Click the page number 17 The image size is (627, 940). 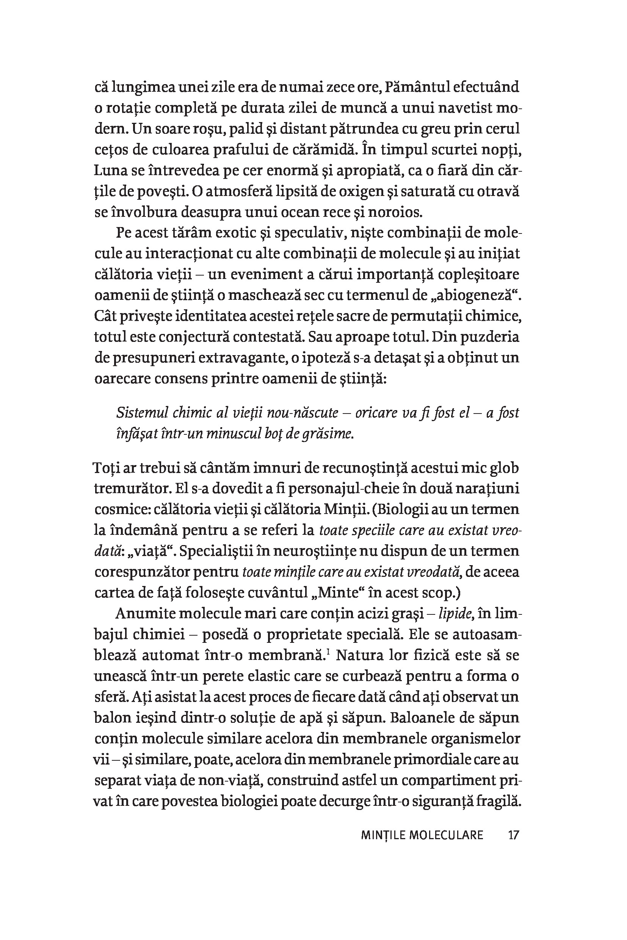click(x=513, y=835)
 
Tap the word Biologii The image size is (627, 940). click(x=406, y=509)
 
